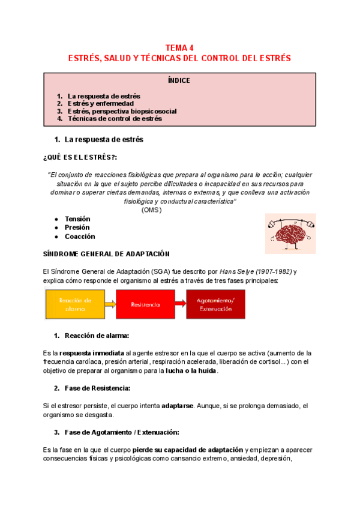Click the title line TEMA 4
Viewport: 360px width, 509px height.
[179, 48]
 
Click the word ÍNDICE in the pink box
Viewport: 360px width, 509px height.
[179, 80]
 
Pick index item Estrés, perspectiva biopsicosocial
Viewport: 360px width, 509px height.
[122, 111]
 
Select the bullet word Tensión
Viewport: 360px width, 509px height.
[78, 219]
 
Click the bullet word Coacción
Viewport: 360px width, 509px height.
[80, 236]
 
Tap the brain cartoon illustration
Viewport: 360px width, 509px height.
[290, 233]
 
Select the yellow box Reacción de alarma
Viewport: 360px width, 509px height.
[75, 304]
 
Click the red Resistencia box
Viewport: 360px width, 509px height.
[145, 304]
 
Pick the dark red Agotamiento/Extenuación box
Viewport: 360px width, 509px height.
[215, 304]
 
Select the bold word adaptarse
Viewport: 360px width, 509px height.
[177, 406]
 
